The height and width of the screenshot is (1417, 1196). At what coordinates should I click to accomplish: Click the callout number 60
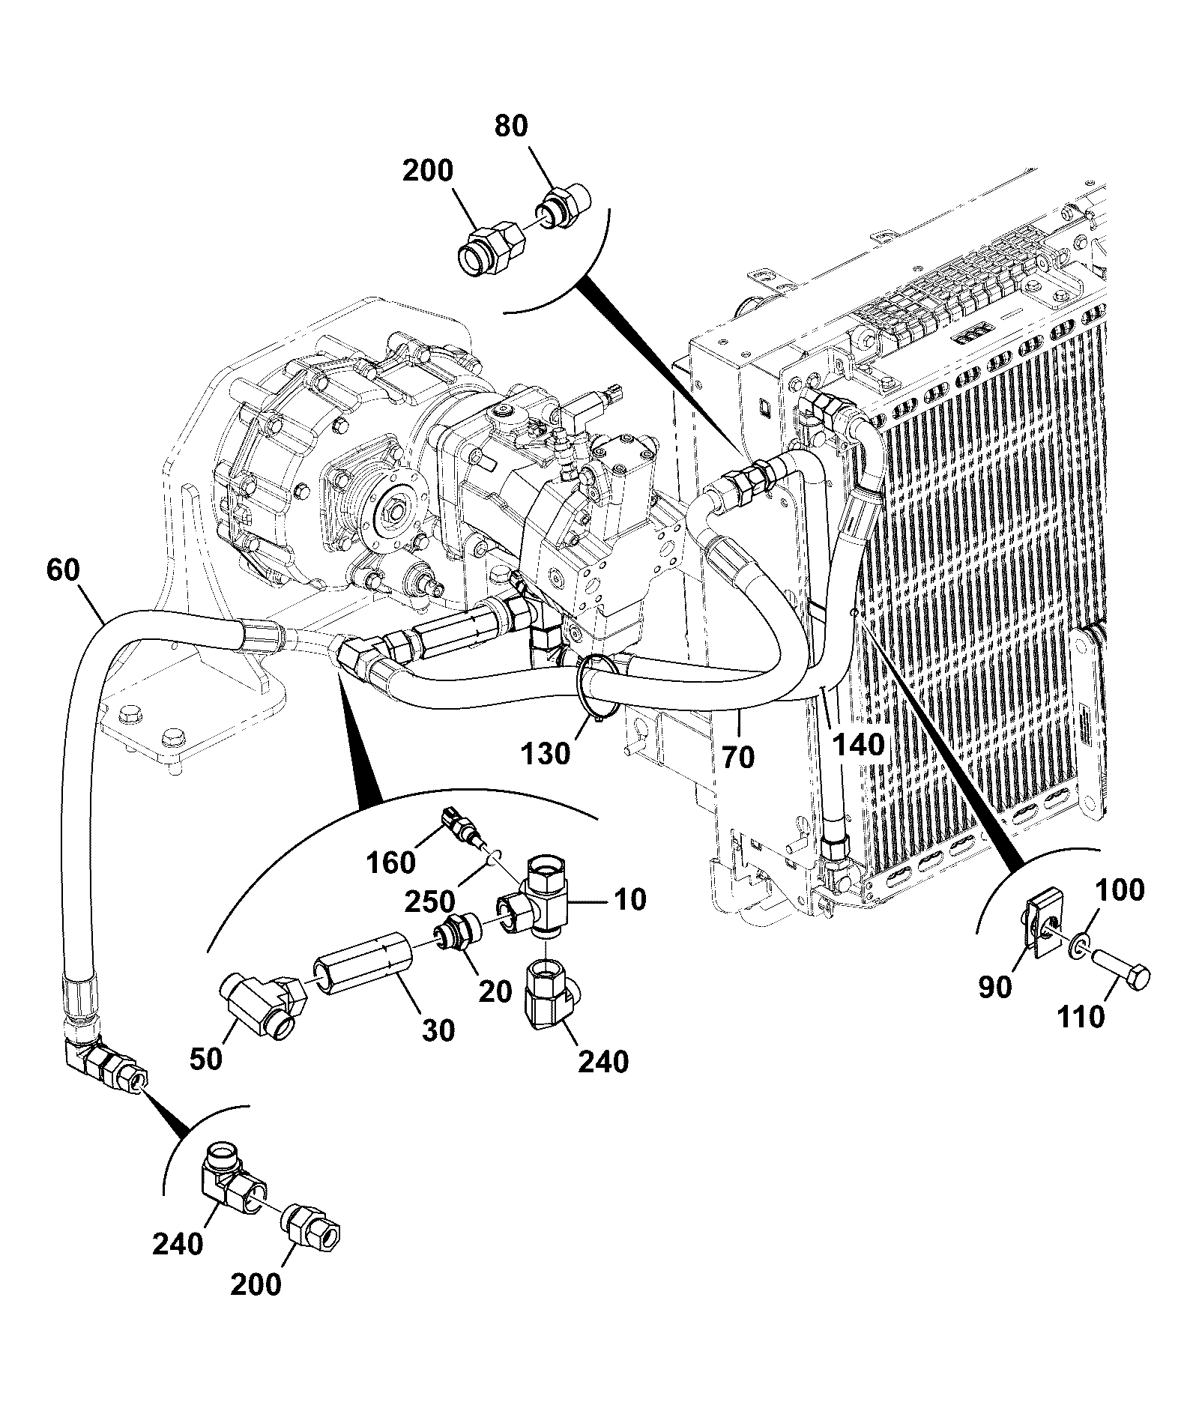(x=63, y=570)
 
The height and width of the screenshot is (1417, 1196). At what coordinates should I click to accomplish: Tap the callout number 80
(x=511, y=127)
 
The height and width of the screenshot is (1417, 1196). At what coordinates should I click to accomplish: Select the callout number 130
(x=547, y=753)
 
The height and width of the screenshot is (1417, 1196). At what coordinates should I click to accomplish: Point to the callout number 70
(x=738, y=757)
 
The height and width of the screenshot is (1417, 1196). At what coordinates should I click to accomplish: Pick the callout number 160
(x=392, y=862)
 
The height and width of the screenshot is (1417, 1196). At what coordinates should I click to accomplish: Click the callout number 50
(x=206, y=1060)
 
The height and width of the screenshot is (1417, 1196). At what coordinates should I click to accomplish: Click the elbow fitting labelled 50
(x=262, y=1005)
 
